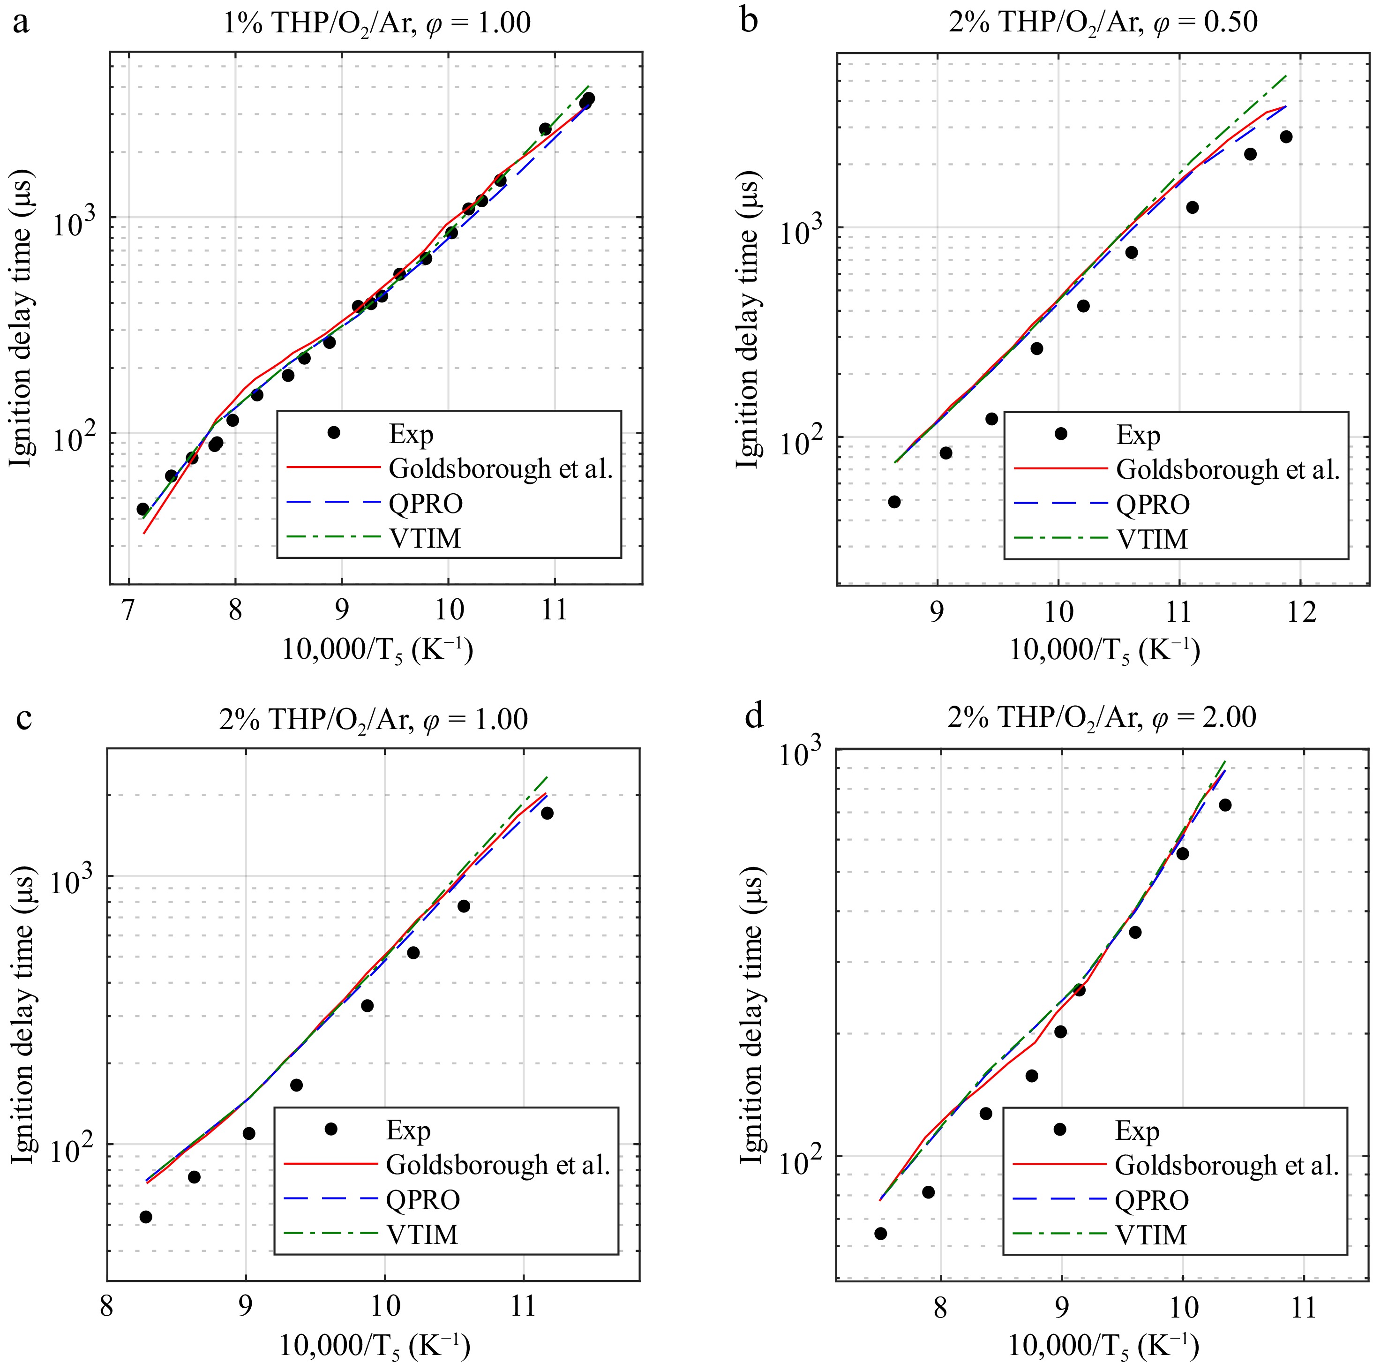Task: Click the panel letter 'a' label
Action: (x=21, y=23)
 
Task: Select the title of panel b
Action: (x=1103, y=23)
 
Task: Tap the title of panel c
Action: (x=373, y=719)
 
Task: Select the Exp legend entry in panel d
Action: (x=1137, y=1131)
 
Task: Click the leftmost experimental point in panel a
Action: (x=143, y=509)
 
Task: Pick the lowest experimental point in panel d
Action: (x=880, y=1233)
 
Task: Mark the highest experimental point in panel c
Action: (x=547, y=813)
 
